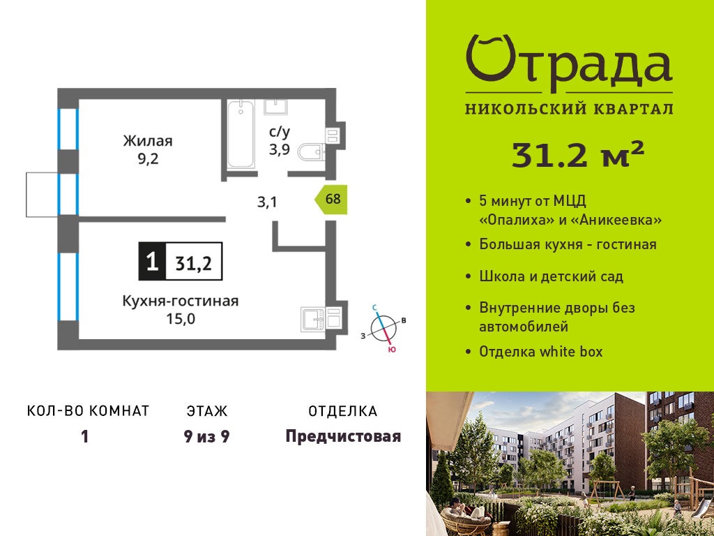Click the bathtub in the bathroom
tap(241, 134)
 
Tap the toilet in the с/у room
tap(312, 151)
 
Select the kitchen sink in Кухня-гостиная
tap(312, 318)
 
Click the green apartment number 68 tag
tap(331, 199)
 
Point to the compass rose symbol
tap(383, 328)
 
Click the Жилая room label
tap(148, 141)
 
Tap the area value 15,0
tap(181, 318)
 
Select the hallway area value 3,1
tap(267, 202)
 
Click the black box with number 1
tap(153, 261)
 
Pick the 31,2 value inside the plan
tap(194, 263)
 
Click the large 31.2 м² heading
tap(578, 154)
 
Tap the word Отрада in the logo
tap(569, 64)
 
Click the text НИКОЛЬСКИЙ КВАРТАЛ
tap(569, 108)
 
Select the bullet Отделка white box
tap(540, 352)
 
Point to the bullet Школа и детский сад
tap(551, 276)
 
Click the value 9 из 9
tap(206, 437)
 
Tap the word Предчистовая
tap(343, 437)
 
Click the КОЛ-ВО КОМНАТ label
tap(89, 411)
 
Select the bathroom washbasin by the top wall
tap(276, 107)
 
